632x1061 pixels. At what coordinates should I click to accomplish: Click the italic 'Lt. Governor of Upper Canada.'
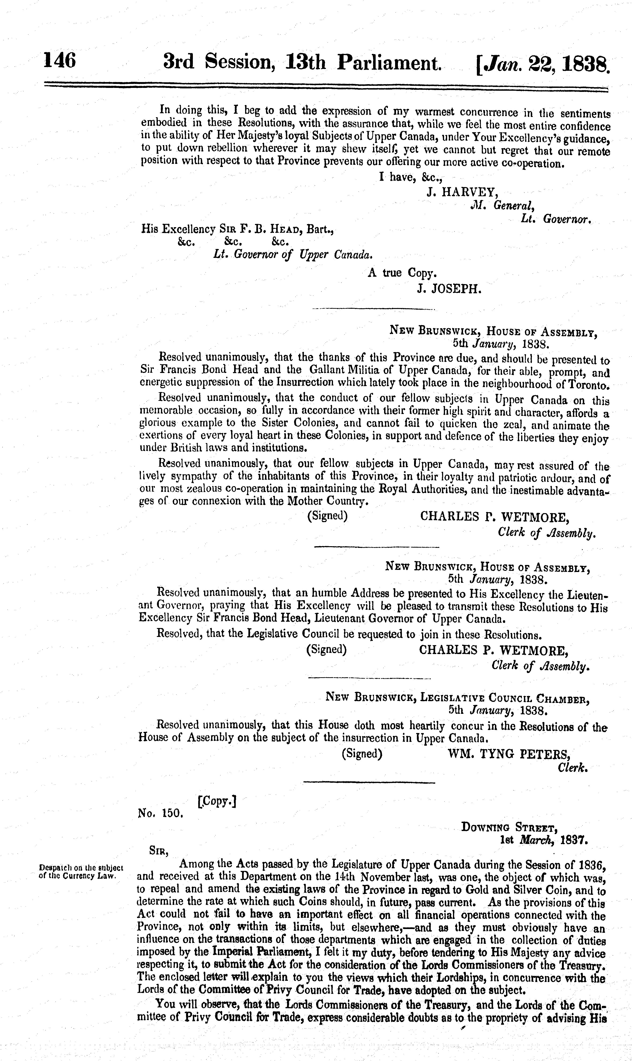[x=293, y=255]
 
